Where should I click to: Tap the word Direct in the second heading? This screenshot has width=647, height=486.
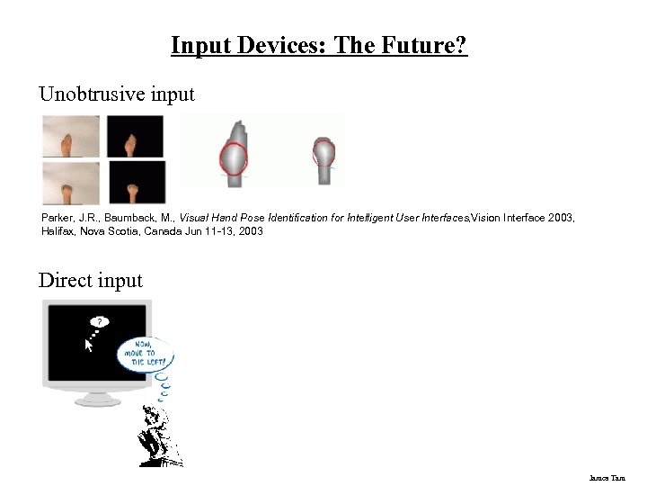(63, 281)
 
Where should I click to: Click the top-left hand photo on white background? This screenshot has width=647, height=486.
(70, 136)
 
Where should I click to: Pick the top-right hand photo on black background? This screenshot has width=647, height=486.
(136, 136)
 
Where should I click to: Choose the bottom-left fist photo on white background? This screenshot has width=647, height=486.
(70, 182)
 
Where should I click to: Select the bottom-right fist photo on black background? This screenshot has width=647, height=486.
(137, 183)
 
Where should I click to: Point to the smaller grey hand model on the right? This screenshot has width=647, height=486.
(323, 157)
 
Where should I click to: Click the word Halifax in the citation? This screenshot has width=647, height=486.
(59, 231)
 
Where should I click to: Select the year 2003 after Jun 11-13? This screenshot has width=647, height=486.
(250, 231)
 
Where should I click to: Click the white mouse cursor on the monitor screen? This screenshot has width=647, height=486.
(89, 345)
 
